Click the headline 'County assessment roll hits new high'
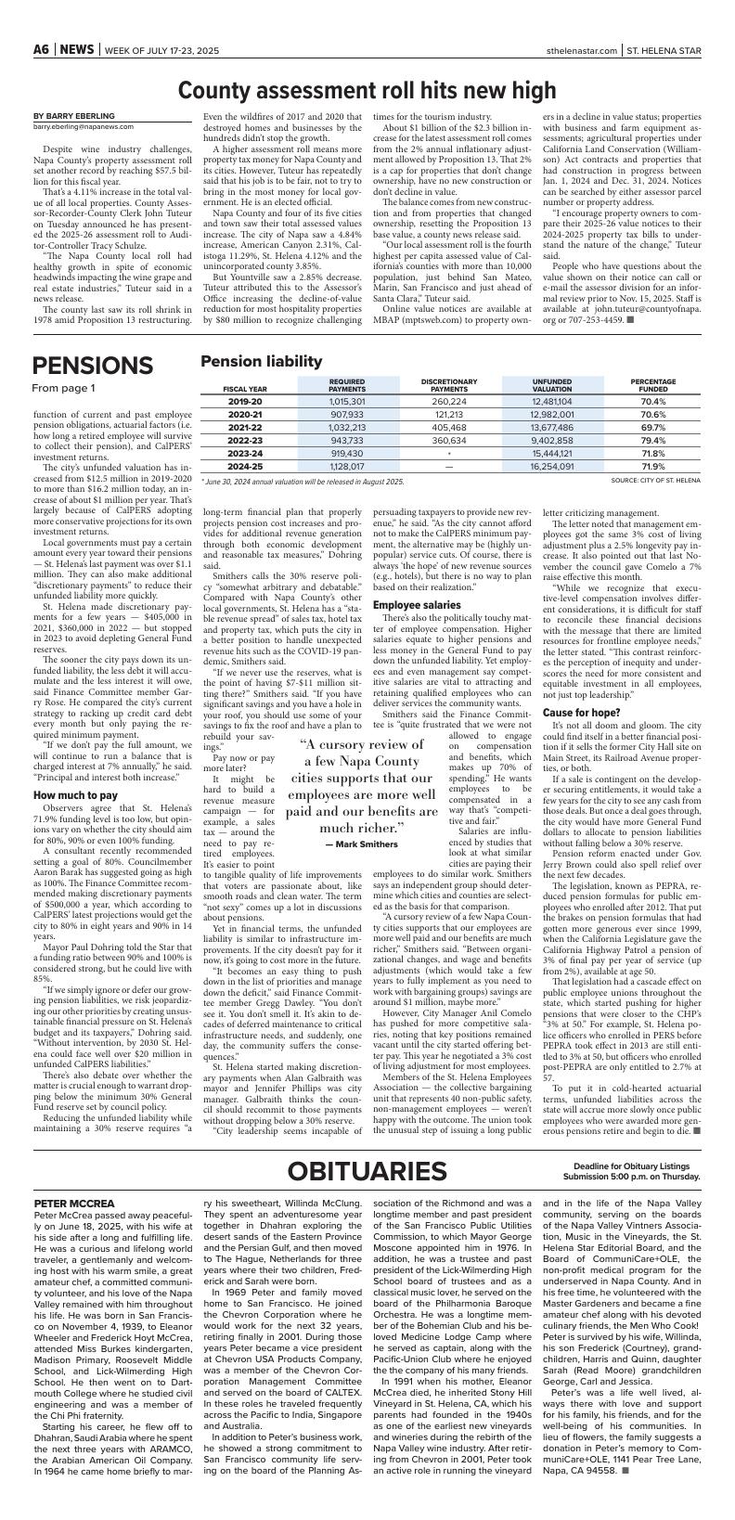click(x=367, y=90)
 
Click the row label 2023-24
click(x=245, y=453)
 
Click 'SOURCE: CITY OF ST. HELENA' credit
click(x=656, y=480)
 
